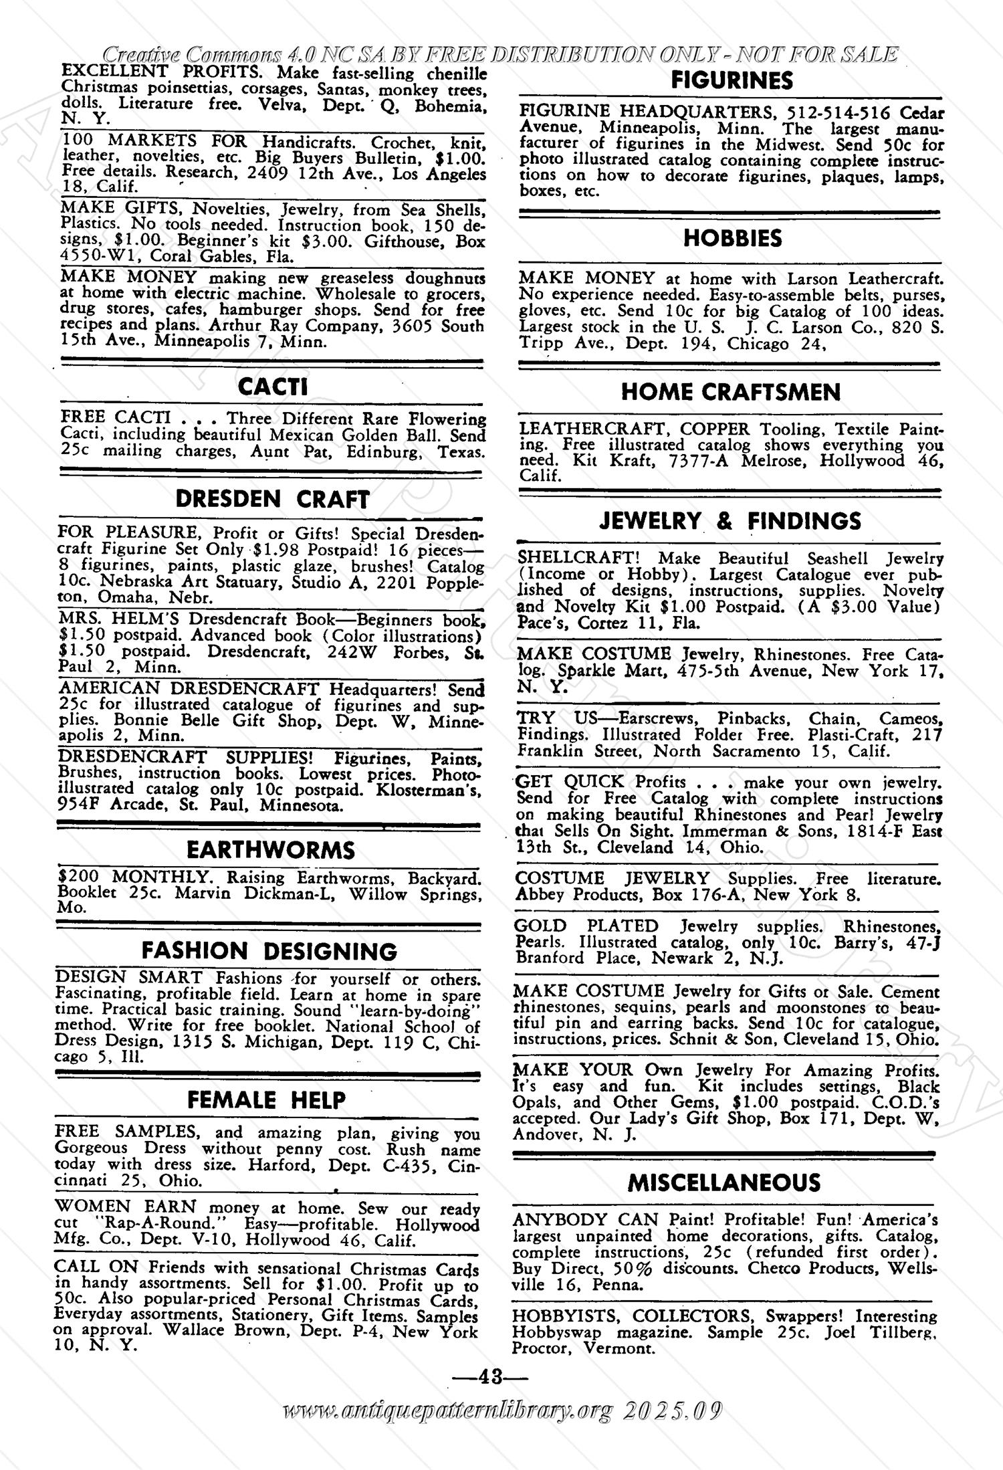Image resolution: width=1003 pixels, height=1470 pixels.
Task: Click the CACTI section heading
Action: [x=273, y=387]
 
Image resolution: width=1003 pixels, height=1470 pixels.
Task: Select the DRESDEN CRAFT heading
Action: [x=272, y=500]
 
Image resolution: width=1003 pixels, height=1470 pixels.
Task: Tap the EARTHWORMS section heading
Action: [x=271, y=850]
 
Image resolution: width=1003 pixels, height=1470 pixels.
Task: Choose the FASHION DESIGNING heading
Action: [x=269, y=950]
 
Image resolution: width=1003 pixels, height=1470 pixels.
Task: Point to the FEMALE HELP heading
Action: [x=267, y=1100]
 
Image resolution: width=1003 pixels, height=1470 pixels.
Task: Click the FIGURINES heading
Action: [x=732, y=81]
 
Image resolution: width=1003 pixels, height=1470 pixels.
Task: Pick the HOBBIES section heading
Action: [x=732, y=238]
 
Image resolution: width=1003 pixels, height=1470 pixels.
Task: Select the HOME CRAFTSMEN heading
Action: [x=731, y=392]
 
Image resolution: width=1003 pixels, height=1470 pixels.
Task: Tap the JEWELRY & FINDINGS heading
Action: [x=731, y=521]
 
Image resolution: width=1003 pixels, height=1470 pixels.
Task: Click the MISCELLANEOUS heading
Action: [x=724, y=1183]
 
